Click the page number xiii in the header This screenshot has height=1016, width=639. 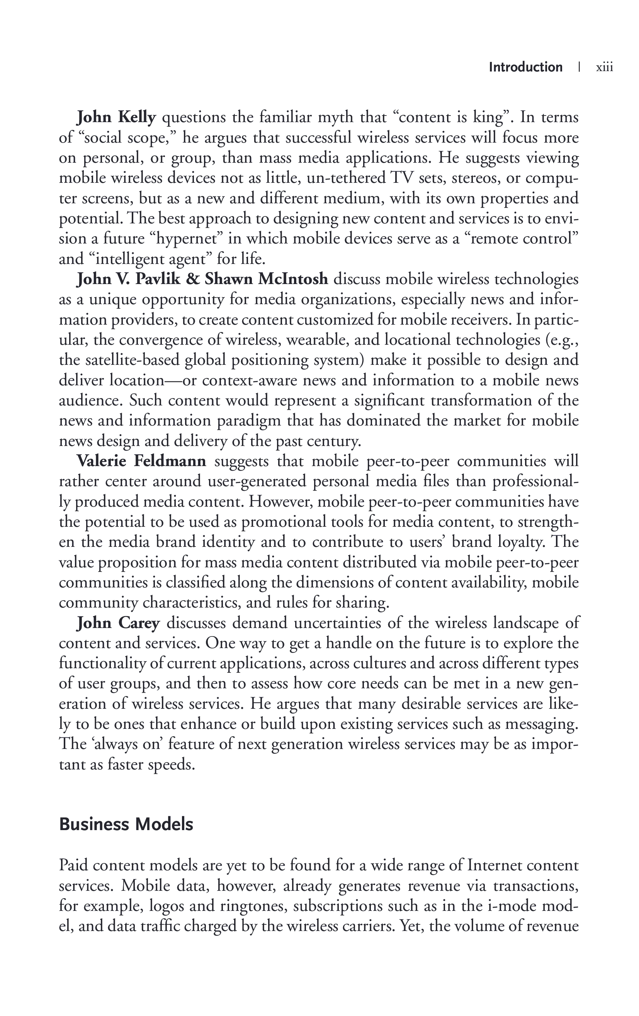[604, 68]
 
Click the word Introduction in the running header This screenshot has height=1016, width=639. [525, 67]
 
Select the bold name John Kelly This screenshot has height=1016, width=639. [116, 117]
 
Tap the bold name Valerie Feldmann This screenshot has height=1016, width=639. [141, 461]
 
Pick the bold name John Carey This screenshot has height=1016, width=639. [118, 623]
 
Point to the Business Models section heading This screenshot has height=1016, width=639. [126, 824]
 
